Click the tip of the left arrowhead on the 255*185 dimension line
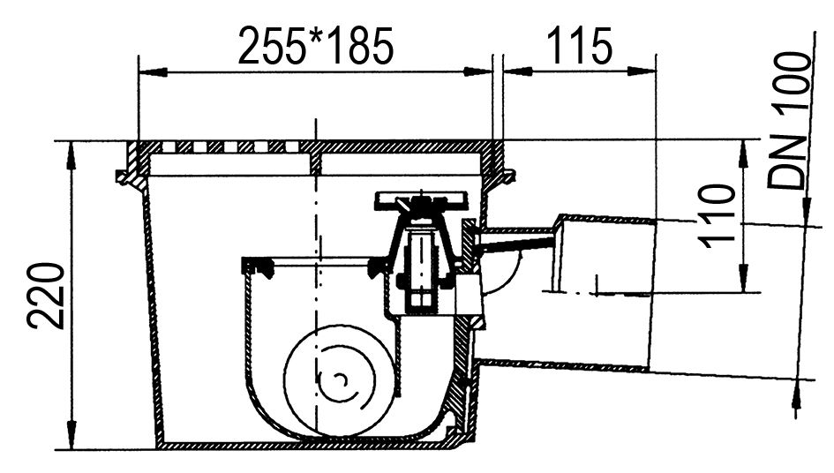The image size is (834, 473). pos(139,71)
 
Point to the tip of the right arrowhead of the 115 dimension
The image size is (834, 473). pos(655,71)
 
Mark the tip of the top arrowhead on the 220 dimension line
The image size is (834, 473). pos(71,141)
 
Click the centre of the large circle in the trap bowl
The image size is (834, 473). pos(339,379)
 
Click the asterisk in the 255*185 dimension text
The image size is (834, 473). pos(317,36)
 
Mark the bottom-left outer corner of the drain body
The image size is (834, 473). pos(157,448)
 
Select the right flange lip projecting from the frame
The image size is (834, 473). pos(507,176)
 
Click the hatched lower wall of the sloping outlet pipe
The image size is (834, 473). pos(564,364)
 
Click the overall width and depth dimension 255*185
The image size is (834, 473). pos(316,46)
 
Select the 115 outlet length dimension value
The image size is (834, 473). pos(580,46)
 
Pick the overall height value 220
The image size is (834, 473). pos(46,296)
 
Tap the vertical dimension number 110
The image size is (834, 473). pos(717,216)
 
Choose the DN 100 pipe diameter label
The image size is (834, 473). pos(788,120)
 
